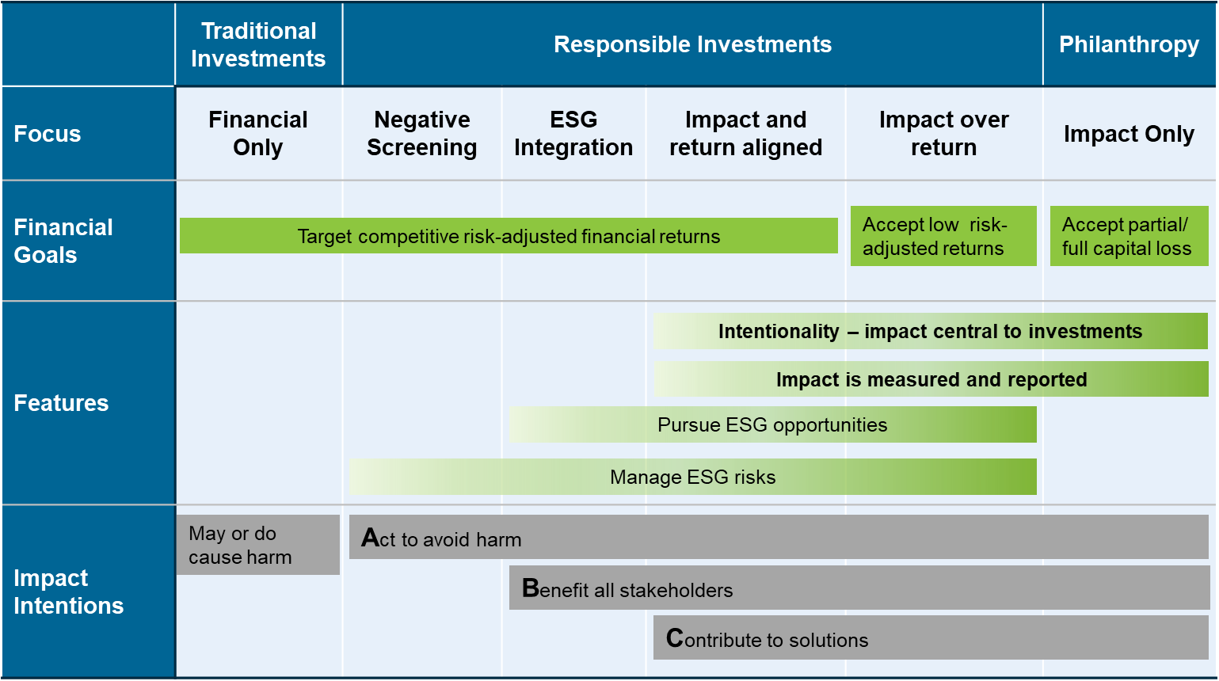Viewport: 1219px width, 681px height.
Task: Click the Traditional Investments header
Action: point(258,44)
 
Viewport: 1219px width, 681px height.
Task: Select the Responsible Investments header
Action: point(692,44)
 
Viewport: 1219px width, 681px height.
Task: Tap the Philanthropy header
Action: point(1129,44)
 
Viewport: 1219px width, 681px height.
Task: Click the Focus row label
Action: point(48,134)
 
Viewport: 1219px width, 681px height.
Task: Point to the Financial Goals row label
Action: point(63,241)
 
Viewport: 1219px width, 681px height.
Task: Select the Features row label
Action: point(61,403)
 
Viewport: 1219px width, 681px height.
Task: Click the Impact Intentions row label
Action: point(68,592)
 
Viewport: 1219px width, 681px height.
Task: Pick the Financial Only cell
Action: point(258,133)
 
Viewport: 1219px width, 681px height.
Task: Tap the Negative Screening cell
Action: point(421,133)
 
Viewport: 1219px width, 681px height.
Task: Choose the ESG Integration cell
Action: point(573,133)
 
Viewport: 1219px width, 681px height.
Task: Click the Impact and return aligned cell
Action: point(745,133)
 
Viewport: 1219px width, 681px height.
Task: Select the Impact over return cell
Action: point(943,133)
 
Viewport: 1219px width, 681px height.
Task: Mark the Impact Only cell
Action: point(1129,134)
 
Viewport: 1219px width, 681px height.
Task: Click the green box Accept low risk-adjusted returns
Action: point(943,236)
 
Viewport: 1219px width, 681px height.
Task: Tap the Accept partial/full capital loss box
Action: point(1129,236)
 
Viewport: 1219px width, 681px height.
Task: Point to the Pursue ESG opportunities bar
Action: point(772,425)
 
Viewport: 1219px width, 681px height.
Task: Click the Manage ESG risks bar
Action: point(692,477)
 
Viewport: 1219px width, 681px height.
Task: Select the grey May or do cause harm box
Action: point(258,545)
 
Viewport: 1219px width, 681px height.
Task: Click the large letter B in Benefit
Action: point(531,588)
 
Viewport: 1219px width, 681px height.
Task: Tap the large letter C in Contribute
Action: point(675,638)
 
